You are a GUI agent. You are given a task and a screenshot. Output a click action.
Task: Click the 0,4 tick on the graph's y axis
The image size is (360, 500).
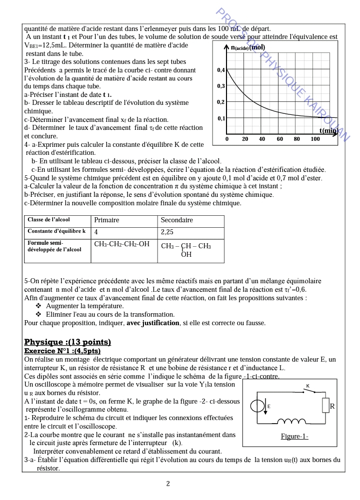tap(221, 70)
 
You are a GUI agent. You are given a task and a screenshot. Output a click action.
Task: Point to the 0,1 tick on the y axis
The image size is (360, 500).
tap(221, 118)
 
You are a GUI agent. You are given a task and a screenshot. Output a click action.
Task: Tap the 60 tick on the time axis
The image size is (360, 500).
tap(280, 139)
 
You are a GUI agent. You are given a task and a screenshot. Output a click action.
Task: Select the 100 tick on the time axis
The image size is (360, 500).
tap(315, 139)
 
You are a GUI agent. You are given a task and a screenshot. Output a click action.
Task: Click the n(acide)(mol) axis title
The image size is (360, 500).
tap(248, 48)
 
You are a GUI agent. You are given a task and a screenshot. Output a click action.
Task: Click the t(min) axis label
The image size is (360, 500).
tap(328, 131)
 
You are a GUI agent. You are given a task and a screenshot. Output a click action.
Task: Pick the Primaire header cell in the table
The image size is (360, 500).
tap(106, 220)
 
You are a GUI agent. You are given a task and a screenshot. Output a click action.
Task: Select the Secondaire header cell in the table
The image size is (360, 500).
tap(176, 220)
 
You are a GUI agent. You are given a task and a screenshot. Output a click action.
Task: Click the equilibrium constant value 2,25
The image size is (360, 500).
tap(167, 232)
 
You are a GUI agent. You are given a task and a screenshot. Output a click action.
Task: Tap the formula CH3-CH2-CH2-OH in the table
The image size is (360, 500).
tap(122, 244)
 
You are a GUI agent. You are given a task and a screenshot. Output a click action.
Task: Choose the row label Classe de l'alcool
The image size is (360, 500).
tap(48, 220)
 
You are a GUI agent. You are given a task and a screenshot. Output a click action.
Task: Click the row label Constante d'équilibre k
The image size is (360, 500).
tap(56, 232)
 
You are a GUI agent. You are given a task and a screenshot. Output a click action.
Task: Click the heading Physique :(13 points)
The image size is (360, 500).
tap(67, 342)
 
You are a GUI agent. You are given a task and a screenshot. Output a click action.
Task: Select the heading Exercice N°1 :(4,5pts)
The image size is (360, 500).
tap(62, 351)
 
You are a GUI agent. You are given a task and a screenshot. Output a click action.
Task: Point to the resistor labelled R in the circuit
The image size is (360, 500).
tap(325, 406)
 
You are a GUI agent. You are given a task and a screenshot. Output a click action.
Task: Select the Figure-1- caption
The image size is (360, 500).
tap(294, 437)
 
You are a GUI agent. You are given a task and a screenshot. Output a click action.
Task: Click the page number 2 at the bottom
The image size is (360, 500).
tap(168, 484)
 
